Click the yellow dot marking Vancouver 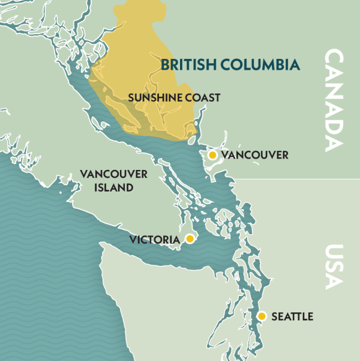212,155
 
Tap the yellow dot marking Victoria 190,239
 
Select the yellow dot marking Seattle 262,316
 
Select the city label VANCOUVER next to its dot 254,156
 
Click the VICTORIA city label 155,240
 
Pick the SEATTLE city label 292,317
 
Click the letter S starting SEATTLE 275,317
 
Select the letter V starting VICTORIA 133,240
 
